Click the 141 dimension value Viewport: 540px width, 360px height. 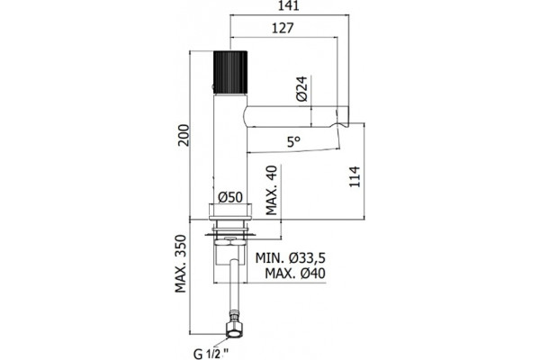click(289, 6)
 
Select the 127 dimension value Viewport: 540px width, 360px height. click(283, 28)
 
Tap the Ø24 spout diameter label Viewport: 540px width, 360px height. click(301, 89)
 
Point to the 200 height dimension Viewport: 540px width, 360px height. click(184, 135)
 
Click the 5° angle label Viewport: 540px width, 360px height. click(293, 141)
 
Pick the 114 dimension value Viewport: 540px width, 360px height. click(355, 176)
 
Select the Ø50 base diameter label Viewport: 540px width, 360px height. click(230, 197)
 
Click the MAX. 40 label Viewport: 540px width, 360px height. click(272, 190)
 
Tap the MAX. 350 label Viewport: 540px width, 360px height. click(181, 264)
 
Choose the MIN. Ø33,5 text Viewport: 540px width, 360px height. click(291, 257)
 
